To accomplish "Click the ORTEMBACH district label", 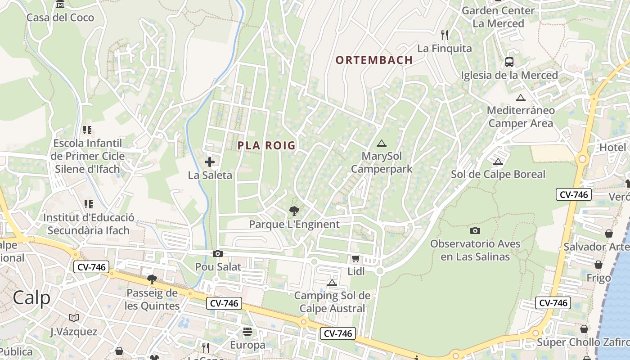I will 374,60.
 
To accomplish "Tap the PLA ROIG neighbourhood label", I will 266,145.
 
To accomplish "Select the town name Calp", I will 31,297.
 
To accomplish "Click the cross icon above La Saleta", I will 210,162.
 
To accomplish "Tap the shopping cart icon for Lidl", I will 355,259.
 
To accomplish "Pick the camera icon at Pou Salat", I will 218,254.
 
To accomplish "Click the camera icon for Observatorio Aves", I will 475,231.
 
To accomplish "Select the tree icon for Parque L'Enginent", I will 294,211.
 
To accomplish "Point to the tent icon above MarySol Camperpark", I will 382,144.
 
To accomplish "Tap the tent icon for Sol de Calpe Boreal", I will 498,162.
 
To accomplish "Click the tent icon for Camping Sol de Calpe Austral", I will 332,283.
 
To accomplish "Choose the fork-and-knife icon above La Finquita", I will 445,35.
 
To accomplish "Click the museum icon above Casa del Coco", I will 60,4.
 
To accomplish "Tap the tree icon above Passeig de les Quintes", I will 152,279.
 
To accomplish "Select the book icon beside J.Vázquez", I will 74,318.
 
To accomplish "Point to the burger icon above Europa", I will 247,332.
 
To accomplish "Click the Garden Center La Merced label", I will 498,17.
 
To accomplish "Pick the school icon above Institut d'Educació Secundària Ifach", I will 88,204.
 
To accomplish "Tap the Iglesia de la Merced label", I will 509,75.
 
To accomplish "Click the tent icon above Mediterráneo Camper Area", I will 521,98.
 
